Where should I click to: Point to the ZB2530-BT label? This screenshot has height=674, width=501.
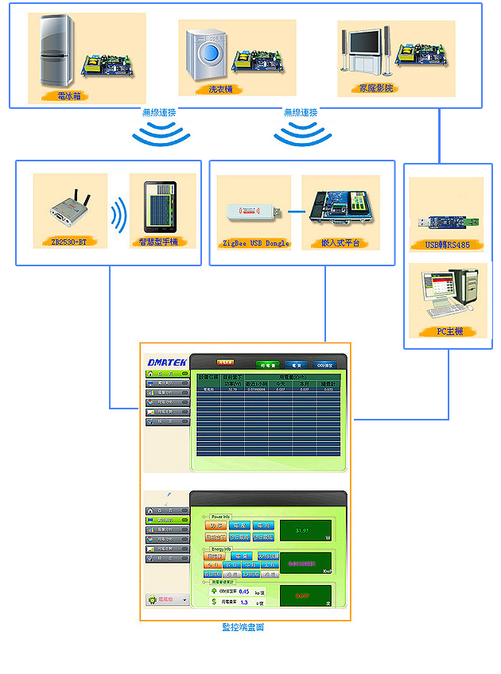click(69, 241)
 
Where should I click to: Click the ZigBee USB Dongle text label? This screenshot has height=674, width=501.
click(254, 242)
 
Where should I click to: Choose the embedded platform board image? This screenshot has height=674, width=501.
click(340, 208)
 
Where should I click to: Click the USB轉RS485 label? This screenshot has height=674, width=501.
click(448, 244)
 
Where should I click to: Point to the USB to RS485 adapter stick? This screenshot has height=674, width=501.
click(447, 220)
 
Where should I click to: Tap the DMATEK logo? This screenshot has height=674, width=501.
click(167, 362)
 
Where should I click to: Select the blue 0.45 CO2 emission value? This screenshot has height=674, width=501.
click(245, 591)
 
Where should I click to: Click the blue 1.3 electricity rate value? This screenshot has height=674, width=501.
click(245, 602)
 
